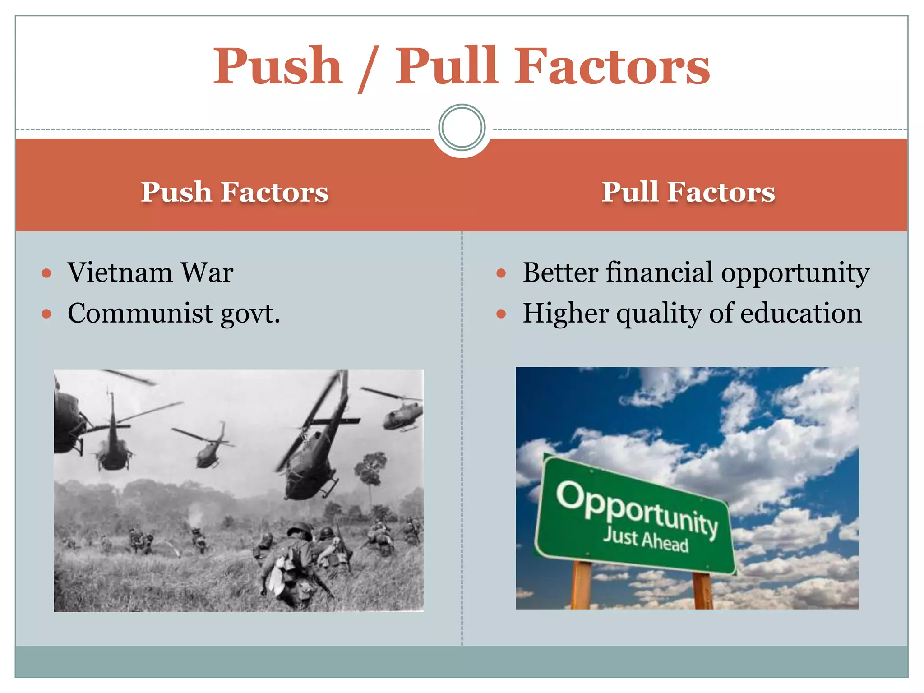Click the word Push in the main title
pos(277,67)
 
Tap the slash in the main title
pos(369,69)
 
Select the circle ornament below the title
pos(462,128)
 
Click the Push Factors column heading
pos(235,192)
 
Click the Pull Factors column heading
pos(688,192)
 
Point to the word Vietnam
pos(120,273)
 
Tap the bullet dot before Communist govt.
pos(46,314)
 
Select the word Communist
pos(140,313)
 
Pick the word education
pos(801,313)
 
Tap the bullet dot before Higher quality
pos(501,314)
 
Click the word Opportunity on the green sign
pos(636,509)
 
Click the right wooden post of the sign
pos(702,591)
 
